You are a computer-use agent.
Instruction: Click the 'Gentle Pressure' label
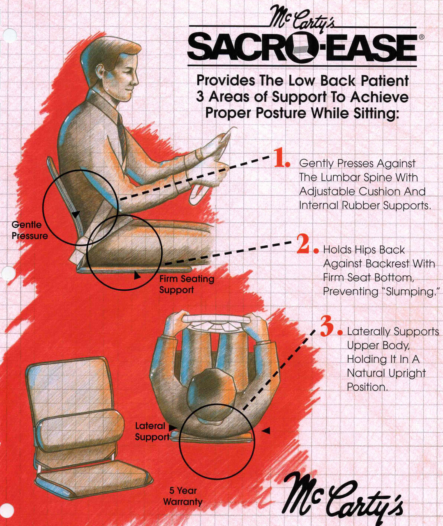(x=29, y=230)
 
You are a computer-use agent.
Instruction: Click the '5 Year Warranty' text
(x=183, y=496)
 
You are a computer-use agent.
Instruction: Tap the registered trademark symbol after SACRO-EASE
(x=421, y=37)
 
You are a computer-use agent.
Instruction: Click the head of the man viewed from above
(x=212, y=394)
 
